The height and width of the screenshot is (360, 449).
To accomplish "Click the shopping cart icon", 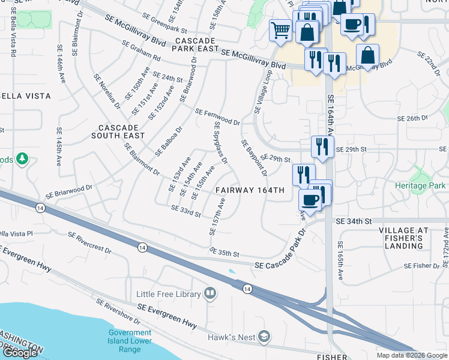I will pos(280,29).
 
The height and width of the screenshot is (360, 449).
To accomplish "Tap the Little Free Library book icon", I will pos(210,293).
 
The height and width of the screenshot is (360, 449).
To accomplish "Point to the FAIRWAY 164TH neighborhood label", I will pos(250,190).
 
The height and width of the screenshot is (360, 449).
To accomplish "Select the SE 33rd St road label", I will pos(185,211).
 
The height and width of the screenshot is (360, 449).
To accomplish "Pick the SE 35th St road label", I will pos(224,252).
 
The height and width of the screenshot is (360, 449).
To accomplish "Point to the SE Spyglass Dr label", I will pos(221,142).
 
